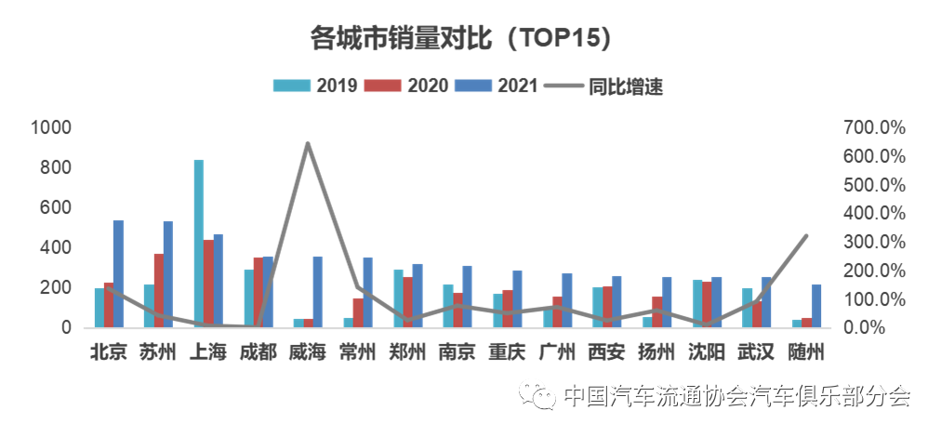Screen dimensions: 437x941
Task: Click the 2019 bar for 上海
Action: click(199, 244)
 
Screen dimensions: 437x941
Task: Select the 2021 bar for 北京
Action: click(118, 273)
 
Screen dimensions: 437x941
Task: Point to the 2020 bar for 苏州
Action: click(159, 290)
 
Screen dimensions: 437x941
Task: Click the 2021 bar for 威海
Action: click(317, 292)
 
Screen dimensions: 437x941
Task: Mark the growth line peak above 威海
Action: click(307, 143)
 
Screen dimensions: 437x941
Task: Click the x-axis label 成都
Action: click(258, 352)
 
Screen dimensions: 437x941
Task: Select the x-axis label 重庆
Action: click(507, 352)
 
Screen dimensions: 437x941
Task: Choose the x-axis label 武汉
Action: click(755, 352)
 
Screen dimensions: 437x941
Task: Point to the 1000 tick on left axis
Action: click(51, 128)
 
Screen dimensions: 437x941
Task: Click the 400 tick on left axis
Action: click(55, 248)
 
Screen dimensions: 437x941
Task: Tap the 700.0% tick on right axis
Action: click(874, 128)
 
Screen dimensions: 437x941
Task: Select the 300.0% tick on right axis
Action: click(874, 242)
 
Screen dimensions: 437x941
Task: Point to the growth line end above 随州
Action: click(806, 236)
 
